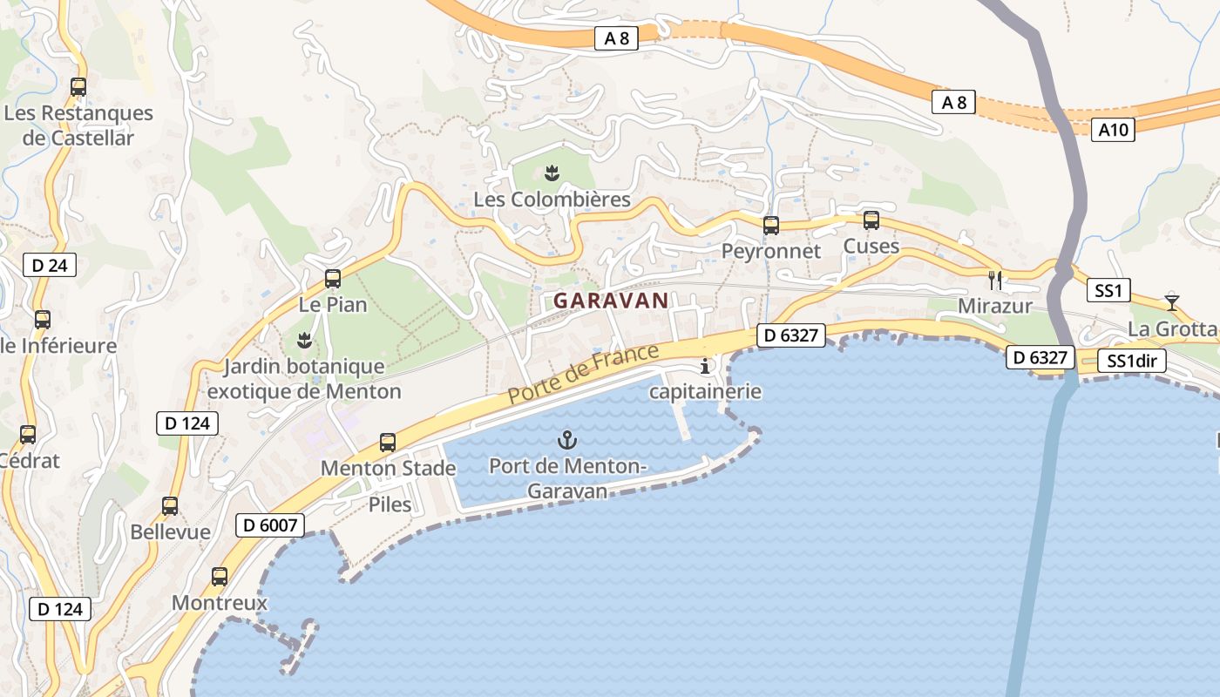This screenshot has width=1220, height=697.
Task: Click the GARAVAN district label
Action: (x=611, y=301)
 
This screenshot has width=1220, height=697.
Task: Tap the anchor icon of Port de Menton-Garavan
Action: (x=567, y=440)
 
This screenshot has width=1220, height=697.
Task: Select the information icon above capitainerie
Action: (x=705, y=366)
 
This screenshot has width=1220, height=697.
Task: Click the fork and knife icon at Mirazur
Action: (x=995, y=281)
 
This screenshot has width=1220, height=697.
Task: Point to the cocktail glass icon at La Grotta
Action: (x=1172, y=302)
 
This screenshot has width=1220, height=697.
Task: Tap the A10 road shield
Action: (x=1113, y=131)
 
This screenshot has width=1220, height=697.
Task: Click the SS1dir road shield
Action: (x=1131, y=361)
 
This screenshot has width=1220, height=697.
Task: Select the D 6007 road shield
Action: (x=270, y=524)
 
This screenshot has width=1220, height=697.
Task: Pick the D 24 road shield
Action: (x=51, y=265)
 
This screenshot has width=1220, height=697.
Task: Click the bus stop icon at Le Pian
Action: (x=332, y=279)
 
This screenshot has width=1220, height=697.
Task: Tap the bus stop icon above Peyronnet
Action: (x=770, y=226)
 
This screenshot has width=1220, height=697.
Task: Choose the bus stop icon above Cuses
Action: (x=871, y=220)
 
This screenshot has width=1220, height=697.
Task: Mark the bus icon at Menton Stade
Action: (x=388, y=443)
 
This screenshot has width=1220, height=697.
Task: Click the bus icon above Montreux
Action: (x=220, y=577)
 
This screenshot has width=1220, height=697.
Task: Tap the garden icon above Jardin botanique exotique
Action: (x=304, y=340)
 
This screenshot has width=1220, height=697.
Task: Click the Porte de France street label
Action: (x=584, y=374)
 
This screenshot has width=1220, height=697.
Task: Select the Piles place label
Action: (x=390, y=504)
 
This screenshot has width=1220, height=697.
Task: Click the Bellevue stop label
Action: (x=170, y=531)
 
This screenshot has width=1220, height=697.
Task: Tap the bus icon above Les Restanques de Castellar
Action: (x=78, y=87)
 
